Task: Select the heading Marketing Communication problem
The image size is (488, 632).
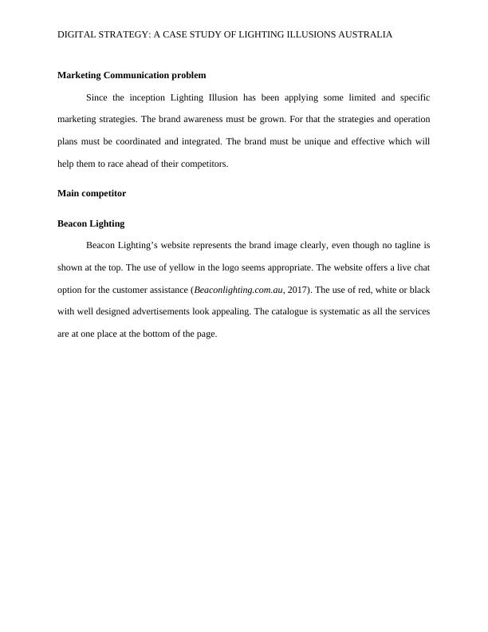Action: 132,75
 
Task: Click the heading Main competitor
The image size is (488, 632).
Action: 92,193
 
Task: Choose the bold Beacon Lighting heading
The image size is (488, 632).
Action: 91,223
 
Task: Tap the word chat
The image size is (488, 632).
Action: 420,267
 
